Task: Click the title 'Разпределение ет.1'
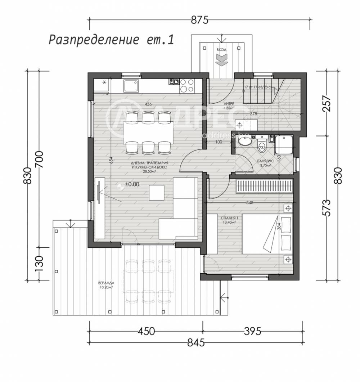click(111, 40)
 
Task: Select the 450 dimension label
click(146, 331)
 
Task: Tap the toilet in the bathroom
click(262, 146)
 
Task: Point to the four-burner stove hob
click(186, 86)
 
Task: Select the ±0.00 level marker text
click(132, 184)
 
